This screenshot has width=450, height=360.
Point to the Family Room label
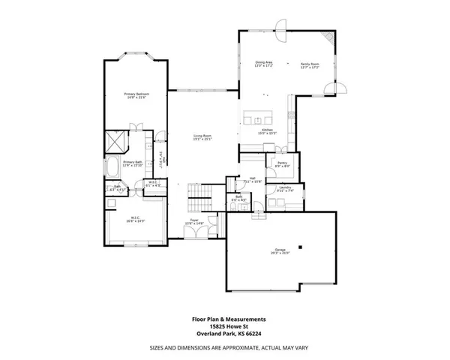309,64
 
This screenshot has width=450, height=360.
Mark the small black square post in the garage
299,247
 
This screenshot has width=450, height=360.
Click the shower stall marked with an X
115,139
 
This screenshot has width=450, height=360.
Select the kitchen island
257,119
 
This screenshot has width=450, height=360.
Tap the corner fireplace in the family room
328,37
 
